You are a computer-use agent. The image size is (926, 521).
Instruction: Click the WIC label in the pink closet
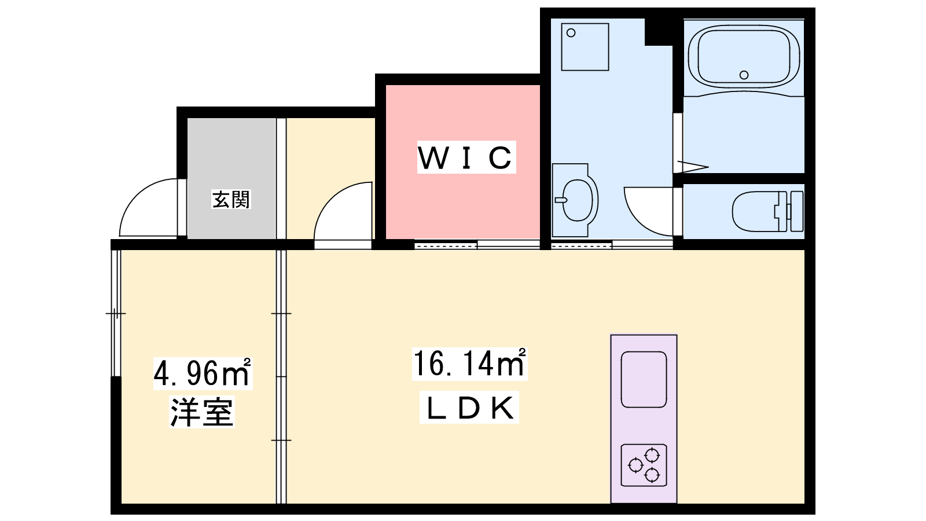click(466, 157)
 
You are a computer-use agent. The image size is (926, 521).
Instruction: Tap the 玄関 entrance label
click(231, 199)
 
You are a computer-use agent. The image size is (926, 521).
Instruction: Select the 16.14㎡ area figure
click(469, 363)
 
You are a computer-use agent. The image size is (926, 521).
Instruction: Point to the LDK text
click(469, 408)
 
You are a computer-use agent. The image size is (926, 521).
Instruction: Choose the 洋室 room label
click(202, 412)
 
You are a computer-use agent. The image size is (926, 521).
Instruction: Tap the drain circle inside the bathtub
click(744, 75)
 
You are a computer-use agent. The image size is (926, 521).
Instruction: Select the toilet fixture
click(767, 211)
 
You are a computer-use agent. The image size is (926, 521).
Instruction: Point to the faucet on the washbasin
click(561, 200)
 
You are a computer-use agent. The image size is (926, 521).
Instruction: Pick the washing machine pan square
click(585, 47)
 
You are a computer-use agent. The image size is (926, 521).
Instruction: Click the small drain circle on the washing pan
click(571, 32)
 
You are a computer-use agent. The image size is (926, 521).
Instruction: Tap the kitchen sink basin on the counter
click(644, 380)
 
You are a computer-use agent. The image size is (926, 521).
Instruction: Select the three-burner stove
click(644, 465)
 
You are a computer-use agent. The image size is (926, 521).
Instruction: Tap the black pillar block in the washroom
click(658, 32)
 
